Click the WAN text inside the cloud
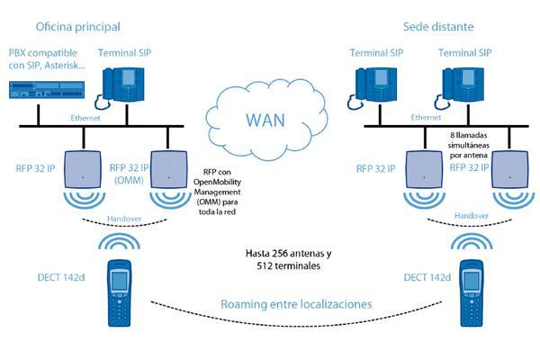[x=265, y=121]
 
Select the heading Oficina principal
[x=77, y=27]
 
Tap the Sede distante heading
[x=438, y=26]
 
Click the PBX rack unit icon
[x=47, y=90]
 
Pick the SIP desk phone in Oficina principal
[x=121, y=86]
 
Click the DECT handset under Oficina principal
[x=120, y=292]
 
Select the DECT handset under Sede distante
[x=472, y=292]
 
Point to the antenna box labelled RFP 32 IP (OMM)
[x=169, y=169]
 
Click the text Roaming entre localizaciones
[x=296, y=304]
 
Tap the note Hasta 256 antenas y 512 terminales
[x=289, y=259]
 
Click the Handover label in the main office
[x=124, y=219]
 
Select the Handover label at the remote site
[x=472, y=216]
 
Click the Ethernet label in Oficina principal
[x=85, y=118]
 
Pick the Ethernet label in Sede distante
[x=426, y=118]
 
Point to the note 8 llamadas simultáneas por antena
[x=469, y=145]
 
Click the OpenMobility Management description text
[x=217, y=192]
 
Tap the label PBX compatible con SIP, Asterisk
[x=47, y=58]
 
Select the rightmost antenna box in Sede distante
[x=510, y=169]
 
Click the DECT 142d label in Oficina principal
[x=61, y=277]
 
